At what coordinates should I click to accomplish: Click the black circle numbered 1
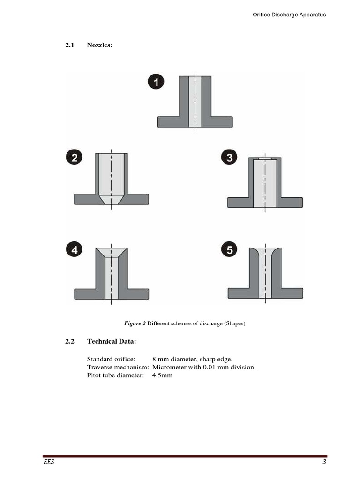(x=156, y=82)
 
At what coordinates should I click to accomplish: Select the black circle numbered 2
(x=74, y=157)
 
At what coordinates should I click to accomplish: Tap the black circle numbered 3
(x=229, y=157)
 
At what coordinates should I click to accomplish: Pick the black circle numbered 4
(x=74, y=250)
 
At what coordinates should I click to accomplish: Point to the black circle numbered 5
(x=229, y=250)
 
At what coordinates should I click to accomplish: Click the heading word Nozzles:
(x=100, y=45)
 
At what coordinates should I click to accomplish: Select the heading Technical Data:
(x=112, y=342)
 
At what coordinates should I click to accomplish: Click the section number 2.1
(x=70, y=45)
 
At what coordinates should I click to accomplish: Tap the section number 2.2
(x=70, y=342)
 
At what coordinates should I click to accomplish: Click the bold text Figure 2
(x=135, y=323)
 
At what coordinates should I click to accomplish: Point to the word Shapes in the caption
(x=235, y=323)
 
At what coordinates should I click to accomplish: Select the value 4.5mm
(x=163, y=375)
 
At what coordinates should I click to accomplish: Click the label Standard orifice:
(x=111, y=359)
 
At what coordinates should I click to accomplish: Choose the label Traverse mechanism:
(x=118, y=367)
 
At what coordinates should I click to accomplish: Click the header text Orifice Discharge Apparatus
(x=289, y=15)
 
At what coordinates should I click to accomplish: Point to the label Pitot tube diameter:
(x=115, y=375)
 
